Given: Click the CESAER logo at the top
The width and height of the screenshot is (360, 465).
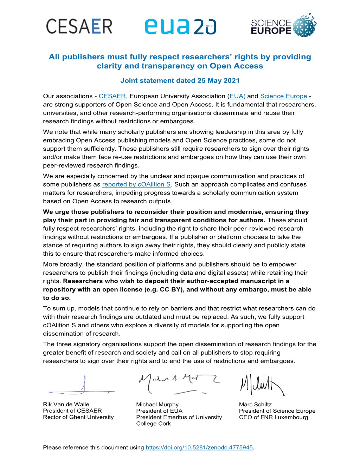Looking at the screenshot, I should click(x=79, y=26).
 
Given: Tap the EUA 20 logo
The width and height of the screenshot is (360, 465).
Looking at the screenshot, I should click(x=180, y=27).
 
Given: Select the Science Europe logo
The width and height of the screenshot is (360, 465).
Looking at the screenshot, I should click(x=283, y=26).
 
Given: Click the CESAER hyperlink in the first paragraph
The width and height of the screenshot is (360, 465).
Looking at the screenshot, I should click(x=112, y=96).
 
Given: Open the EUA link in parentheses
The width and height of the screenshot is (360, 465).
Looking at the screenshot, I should click(x=237, y=96).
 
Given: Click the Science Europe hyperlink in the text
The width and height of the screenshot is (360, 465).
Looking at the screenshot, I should click(x=283, y=96).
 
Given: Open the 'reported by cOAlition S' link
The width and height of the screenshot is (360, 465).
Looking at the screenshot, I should click(x=136, y=184).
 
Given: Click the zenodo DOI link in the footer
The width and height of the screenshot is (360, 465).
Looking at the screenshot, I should click(x=199, y=447).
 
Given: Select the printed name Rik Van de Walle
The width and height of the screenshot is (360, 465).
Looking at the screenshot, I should click(x=66, y=405).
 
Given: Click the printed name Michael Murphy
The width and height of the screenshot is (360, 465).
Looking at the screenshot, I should click(x=157, y=405).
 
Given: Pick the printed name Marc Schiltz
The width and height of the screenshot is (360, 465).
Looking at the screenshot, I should click(x=255, y=405).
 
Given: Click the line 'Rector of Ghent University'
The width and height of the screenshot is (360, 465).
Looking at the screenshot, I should click(x=78, y=417).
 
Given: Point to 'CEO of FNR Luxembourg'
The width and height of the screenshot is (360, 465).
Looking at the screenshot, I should click(x=274, y=417).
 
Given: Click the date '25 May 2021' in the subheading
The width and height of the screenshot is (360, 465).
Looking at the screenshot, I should click(x=218, y=80).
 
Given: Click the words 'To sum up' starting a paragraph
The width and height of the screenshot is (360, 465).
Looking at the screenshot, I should click(x=59, y=308).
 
